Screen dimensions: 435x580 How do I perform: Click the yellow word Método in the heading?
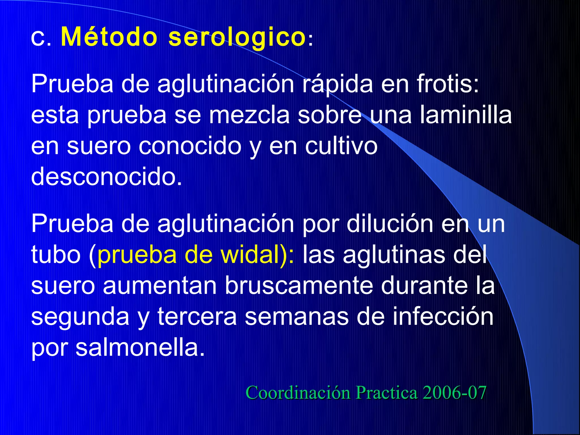click(x=109, y=37)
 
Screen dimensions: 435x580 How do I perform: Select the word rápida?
click(x=337, y=84)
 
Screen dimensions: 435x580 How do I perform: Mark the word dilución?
click(x=390, y=224)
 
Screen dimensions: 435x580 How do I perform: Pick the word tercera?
click(x=197, y=317)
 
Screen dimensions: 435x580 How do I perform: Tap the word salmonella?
click(x=140, y=347)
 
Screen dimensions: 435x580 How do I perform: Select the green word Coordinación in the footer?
click(x=298, y=393)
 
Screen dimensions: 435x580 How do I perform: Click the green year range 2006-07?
click(x=454, y=393)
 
